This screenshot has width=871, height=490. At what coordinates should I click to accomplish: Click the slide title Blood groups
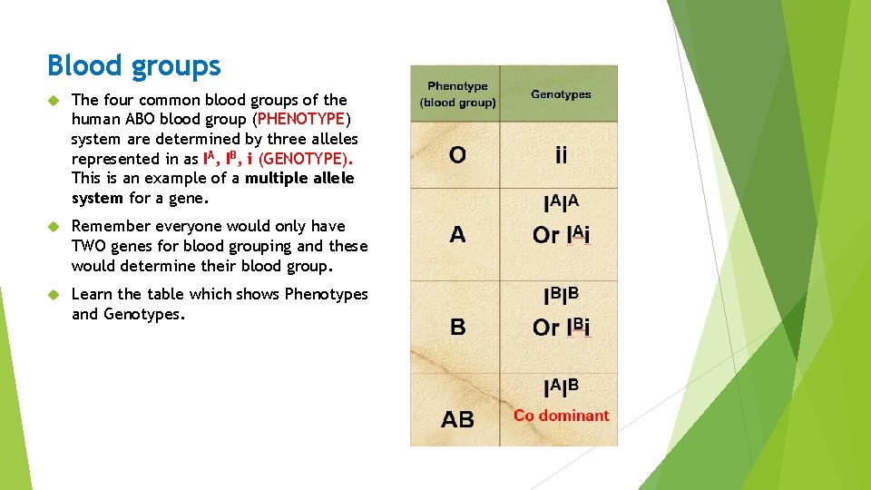[134, 65]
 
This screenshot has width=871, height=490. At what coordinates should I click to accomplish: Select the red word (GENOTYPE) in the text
[305, 159]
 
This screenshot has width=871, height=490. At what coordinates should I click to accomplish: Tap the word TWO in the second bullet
[90, 246]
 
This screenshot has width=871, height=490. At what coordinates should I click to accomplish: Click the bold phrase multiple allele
[299, 178]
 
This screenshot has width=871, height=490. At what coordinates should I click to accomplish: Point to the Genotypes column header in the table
[561, 94]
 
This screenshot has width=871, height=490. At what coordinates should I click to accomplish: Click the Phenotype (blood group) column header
[457, 94]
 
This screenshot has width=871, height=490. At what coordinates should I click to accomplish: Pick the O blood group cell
[457, 155]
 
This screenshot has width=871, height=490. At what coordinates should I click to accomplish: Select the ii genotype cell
[562, 155]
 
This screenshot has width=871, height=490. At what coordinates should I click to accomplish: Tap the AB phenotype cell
[457, 419]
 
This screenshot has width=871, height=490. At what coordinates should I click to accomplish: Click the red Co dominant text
[561, 416]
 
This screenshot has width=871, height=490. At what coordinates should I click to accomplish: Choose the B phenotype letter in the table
[457, 327]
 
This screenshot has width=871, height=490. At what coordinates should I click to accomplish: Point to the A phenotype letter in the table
[457, 234]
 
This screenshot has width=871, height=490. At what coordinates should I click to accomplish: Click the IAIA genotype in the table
[561, 203]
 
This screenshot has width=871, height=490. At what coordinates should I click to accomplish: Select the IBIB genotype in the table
[561, 296]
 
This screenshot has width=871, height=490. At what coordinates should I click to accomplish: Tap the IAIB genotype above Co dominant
[561, 387]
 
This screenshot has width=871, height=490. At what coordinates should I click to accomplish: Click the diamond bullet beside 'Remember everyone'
[54, 226]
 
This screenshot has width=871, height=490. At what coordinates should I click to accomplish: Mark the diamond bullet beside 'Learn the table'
[54, 294]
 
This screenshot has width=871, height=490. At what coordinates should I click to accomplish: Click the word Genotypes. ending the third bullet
[144, 314]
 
